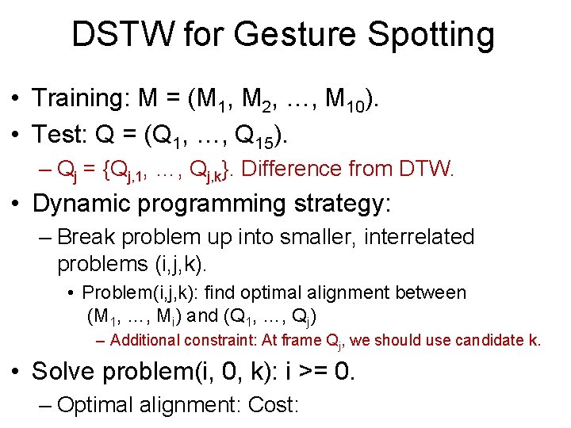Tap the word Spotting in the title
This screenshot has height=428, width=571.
pyautogui.click(x=433, y=35)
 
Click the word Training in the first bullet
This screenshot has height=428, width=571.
pyautogui.click(x=75, y=98)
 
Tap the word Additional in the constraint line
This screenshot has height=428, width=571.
pyautogui.click(x=145, y=341)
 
